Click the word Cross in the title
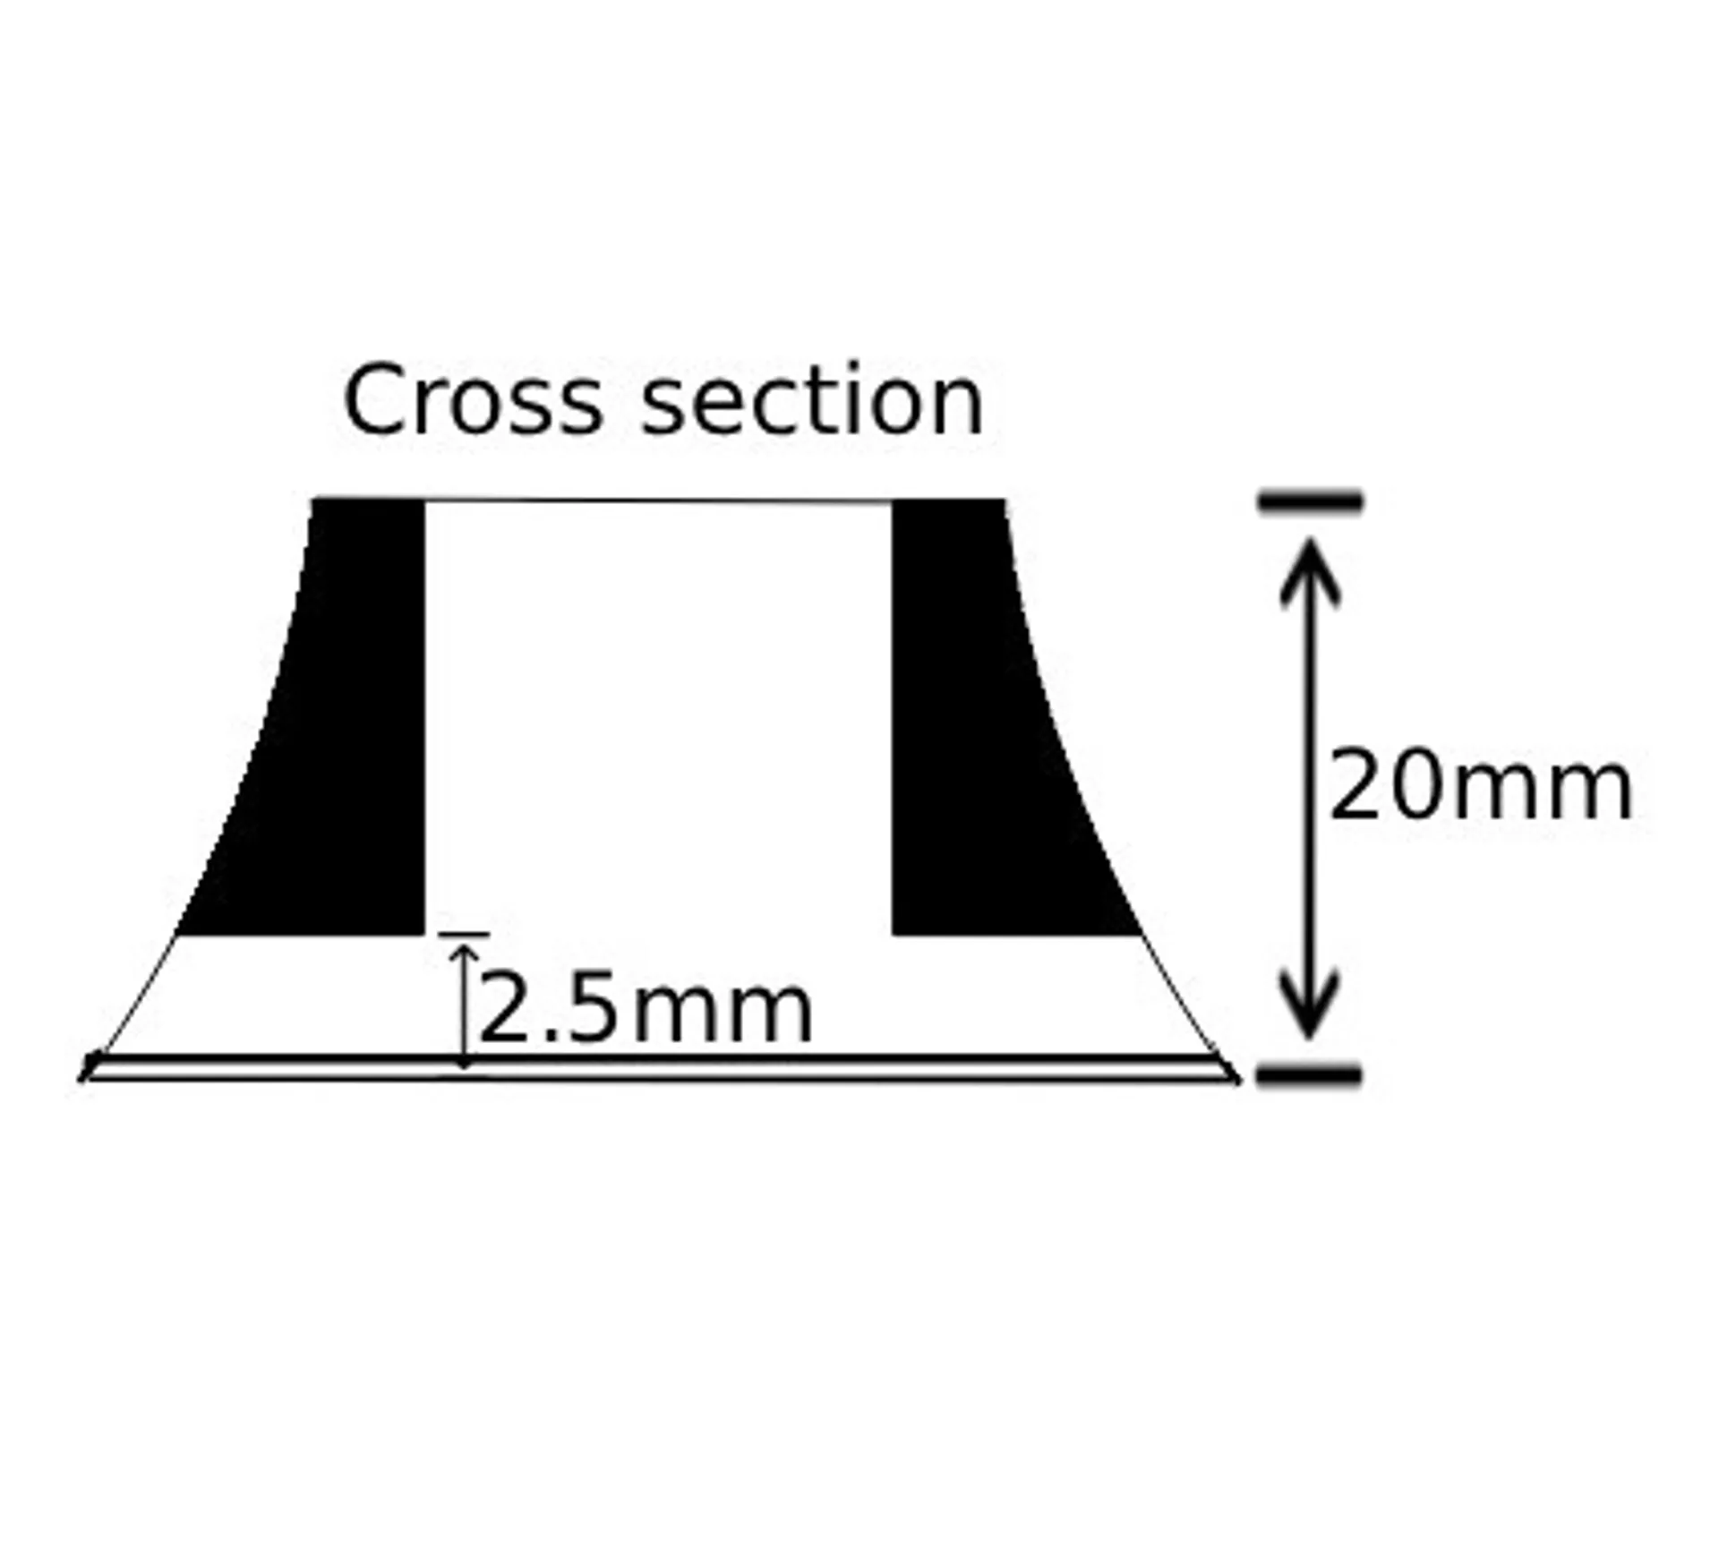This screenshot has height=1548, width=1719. click(473, 400)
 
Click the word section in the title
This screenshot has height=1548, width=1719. click(813, 400)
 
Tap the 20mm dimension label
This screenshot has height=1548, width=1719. click(1481, 786)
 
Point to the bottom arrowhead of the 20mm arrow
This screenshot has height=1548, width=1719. click(1309, 1005)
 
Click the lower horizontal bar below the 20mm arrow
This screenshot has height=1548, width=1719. click(1309, 1074)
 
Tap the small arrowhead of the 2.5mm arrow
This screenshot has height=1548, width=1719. click(464, 953)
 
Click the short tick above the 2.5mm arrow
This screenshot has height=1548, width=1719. click(464, 934)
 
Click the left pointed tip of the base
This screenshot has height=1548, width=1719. click(82, 1077)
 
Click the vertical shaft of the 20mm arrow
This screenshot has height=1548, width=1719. click(1309, 788)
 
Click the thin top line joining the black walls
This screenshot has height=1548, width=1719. click(658, 500)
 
